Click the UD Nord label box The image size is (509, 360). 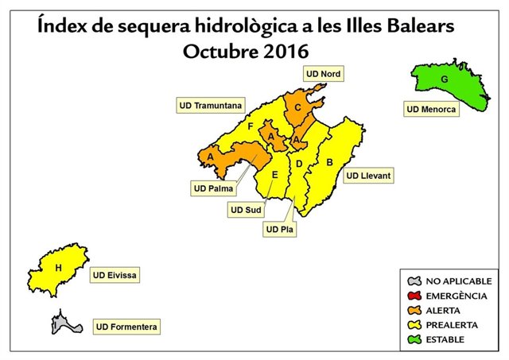pyautogui.click(x=323, y=75)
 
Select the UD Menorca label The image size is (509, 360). pyautogui.click(x=431, y=109)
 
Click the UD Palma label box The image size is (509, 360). pyautogui.click(x=213, y=188)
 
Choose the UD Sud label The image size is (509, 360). pyautogui.click(x=246, y=210)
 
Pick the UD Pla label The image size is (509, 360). pyautogui.click(x=278, y=230)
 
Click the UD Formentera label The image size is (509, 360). pyautogui.click(x=127, y=326)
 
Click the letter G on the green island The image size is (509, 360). pyautogui.click(x=444, y=79)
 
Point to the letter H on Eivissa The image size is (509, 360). pyautogui.click(x=57, y=269)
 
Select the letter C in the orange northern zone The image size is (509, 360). pyautogui.click(x=297, y=107)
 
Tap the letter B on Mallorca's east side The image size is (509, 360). pyautogui.click(x=329, y=163)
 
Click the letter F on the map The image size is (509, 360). pyautogui.click(x=251, y=126)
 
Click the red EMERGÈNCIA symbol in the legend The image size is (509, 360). pyautogui.click(x=412, y=296)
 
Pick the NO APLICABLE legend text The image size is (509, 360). pyautogui.click(x=459, y=281)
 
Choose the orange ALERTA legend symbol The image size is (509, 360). pyautogui.click(x=412, y=310)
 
